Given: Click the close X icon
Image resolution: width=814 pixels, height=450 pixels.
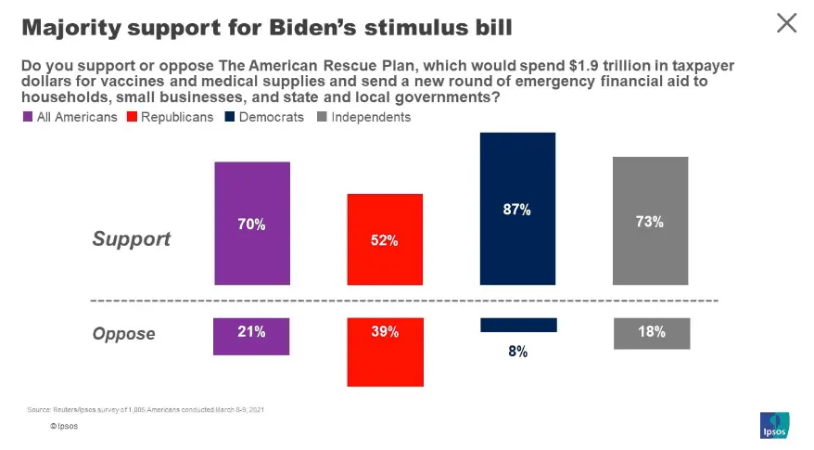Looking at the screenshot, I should pyautogui.click(x=786, y=23).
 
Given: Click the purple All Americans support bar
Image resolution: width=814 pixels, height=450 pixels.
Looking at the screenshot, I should pyautogui.click(x=252, y=223).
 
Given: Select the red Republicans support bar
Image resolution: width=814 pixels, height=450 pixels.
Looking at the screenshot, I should pyautogui.click(x=385, y=239).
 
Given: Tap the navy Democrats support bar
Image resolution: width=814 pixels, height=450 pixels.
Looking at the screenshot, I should pyautogui.click(x=517, y=208).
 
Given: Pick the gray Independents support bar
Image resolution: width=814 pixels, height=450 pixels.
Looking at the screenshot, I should pyautogui.click(x=650, y=221).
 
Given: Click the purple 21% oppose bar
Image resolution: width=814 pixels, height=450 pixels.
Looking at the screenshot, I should pyautogui.click(x=252, y=336).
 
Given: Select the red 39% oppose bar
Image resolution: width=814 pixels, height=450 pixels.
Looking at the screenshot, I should pyautogui.click(x=385, y=352).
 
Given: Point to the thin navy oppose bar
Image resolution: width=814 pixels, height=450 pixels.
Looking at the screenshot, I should pyautogui.click(x=517, y=325).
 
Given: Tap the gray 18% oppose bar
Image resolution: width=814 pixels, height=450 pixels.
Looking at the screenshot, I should pyautogui.click(x=650, y=333).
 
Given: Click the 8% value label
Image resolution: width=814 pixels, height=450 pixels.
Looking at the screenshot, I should pyautogui.click(x=517, y=352).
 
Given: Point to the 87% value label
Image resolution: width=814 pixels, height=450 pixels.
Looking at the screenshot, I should pyautogui.click(x=517, y=211).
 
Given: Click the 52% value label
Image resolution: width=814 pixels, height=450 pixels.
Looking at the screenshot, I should pyautogui.click(x=385, y=240).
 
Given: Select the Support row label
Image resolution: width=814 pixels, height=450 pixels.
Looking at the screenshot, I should pyautogui.click(x=132, y=238).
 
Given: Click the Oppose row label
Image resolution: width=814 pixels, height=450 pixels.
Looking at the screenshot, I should pyautogui.click(x=124, y=333).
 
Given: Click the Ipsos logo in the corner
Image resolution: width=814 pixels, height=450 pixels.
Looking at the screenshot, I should pyautogui.click(x=773, y=425).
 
